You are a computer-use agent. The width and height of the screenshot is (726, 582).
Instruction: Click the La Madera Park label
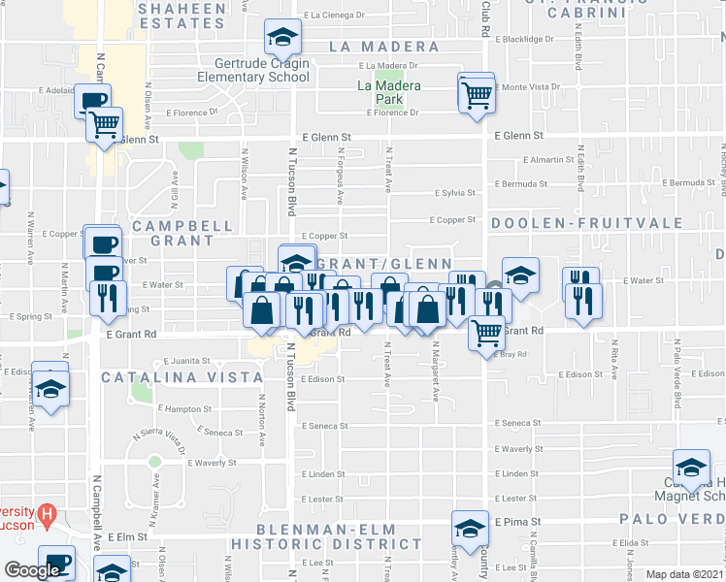(389, 92)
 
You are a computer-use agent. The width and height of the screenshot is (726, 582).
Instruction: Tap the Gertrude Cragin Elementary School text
(252, 70)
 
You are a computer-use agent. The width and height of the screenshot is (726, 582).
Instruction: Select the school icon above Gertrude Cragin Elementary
(282, 38)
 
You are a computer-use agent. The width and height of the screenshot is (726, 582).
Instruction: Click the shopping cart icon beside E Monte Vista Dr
(477, 95)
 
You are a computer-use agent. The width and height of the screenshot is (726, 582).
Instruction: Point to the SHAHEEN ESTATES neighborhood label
(182, 15)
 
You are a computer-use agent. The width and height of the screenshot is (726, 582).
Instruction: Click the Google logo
(32, 570)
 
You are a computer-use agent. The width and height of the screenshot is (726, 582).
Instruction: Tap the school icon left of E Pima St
(470, 529)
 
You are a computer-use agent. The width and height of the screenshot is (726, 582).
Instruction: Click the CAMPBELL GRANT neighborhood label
(181, 233)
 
